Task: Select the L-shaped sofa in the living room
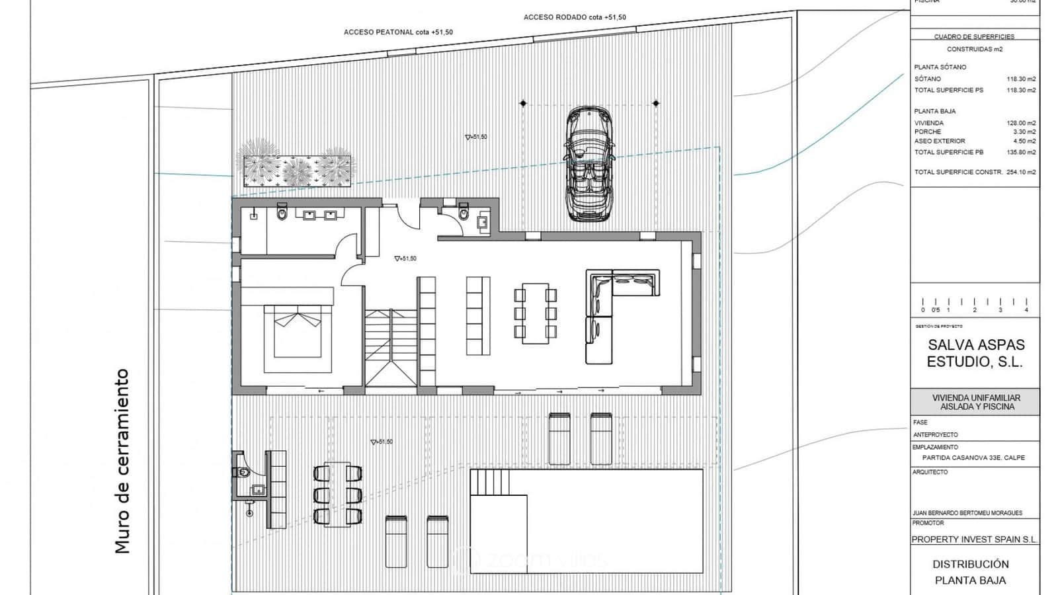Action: (612, 311)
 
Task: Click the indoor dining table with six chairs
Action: (536, 313)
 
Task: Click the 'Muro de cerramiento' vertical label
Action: (122, 461)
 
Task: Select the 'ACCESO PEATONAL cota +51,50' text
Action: (398, 32)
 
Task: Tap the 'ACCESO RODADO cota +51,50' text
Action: (574, 17)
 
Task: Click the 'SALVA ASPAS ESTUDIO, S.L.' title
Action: (975, 353)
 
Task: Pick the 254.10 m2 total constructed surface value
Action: (1021, 172)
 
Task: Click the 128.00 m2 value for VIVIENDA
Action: (1021, 123)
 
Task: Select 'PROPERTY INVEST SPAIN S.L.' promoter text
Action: (974, 539)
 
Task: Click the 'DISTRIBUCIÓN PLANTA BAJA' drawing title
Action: (970, 572)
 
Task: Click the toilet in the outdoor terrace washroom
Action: (241, 472)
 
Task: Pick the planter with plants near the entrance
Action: (296, 168)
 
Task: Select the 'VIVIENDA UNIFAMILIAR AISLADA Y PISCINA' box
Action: (975, 402)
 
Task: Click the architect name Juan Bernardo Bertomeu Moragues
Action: (967, 513)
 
